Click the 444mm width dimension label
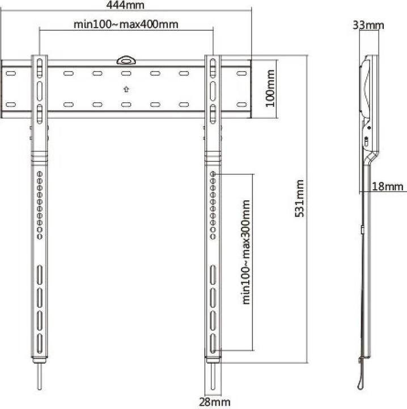pos(125,6)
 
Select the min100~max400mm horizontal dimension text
pos(126,25)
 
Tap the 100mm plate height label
pos(271,89)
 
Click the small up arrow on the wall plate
pos(125,89)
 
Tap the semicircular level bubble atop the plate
pos(125,59)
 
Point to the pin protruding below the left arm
pos(40,377)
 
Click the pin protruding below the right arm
pos(213,377)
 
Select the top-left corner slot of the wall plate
pos(10,73)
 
